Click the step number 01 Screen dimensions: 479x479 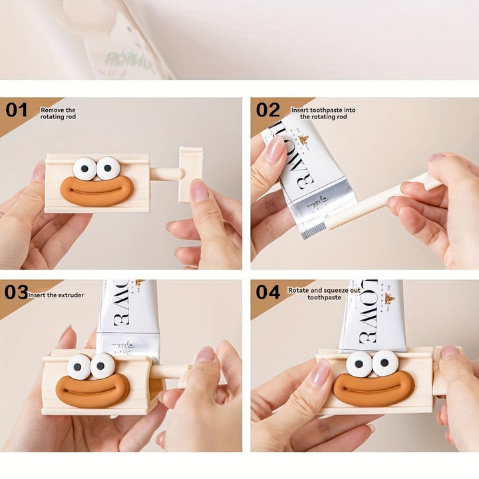pyautogui.click(x=17, y=110)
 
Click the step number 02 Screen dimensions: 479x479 pyautogui.click(x=268, y=110)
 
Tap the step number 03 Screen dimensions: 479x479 pyautogui.click(x=16, y=292)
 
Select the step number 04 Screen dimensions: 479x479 pyautogui.click(x=268, y=292)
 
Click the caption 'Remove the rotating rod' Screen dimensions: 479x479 pyautogui.click(x=59, y=113)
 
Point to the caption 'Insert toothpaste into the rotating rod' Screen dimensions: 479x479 pyautogui.click(x=323, y=112)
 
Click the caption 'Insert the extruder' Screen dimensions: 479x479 pyautogui.click(x=56, y=295)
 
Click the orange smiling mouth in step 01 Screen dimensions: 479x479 pyautogui.click(x=97, y=190)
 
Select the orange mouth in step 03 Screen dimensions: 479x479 pyautogui.click(x=92, y=389)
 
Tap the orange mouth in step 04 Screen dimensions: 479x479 pyautogui.click(x=373, y=388)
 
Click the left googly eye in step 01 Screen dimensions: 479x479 pyautogui.click(x=84, y=168)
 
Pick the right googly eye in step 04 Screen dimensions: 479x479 pyautogui.click(x=385, y=363)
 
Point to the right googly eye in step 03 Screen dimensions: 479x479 pyautogui.click(x=102, y=366)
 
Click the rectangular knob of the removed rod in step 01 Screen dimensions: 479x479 pyautogui.click(x=190, y=174)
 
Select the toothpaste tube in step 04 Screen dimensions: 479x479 pyautogui.click(x=373, y=316)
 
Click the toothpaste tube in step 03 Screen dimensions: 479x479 pyautogui.click(x=128, y=316)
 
